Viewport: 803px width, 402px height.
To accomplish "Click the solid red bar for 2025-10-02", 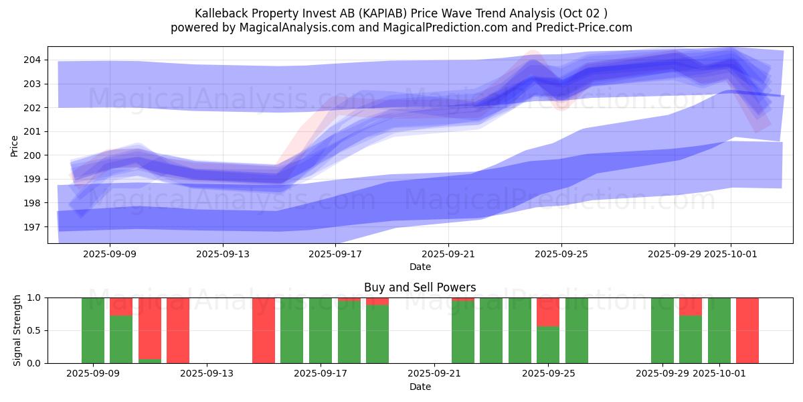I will (747, 330).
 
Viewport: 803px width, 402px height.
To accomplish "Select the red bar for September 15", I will (264, 330).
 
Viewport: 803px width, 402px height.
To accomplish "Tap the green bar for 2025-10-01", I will (719, 330).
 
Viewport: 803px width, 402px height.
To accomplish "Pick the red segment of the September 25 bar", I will (548, 312).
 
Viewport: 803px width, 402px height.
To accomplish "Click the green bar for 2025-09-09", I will (93, 330).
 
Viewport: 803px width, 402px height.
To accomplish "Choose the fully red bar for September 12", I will (178, 330).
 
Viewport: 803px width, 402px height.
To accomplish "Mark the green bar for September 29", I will (662, 330).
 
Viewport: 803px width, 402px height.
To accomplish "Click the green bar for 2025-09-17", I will (321, 330).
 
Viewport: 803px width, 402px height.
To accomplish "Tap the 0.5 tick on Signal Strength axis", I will (33, 330).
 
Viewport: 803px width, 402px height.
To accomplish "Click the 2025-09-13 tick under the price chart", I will (223, 254).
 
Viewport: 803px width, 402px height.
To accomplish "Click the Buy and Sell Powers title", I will (420, 287).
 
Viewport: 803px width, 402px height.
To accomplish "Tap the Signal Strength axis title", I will (17, 330).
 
